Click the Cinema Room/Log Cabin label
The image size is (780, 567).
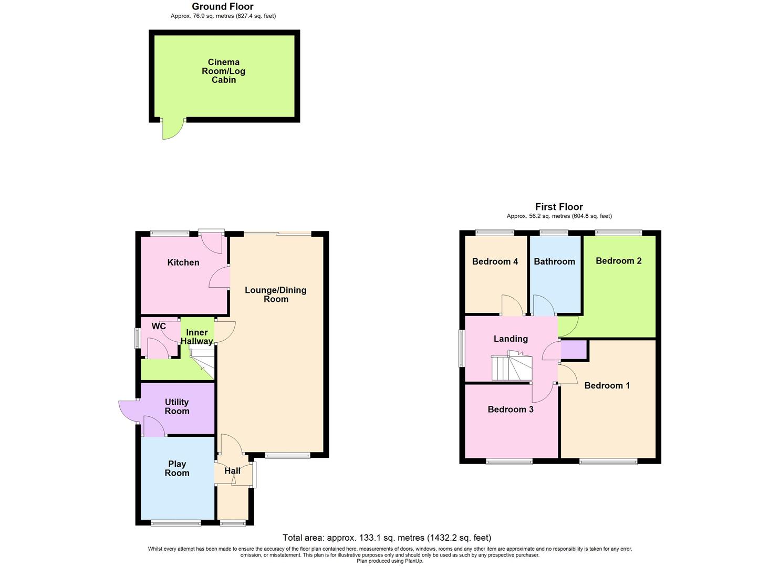pyautogui.click(x=223, y=71)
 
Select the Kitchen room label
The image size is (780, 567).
pyautogui.click(x=183, y=262)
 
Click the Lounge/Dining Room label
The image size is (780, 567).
pyautogui.click(x=276, y=295)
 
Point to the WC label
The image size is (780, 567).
pyautogui.click(x=159, y=327)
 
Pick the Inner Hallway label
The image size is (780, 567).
pyautogui.click(x=197, y=337)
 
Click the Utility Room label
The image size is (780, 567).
pyautogui.click(x=177, y=407)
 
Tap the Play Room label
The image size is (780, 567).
pyautogui.click(x=177, y=468)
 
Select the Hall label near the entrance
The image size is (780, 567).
pyautogui.click(x=232, y=471)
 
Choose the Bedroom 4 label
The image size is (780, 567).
pyautogui.click(x=495, y=261)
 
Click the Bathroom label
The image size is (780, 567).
pyautogui.click(x=554, y=261)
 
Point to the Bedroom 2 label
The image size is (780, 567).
pyautogui.click(x=618, y=261)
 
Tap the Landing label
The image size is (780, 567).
pyautogui.click(x=511, y=339)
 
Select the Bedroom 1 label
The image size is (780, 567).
pyautogui.click(x=607, y=386)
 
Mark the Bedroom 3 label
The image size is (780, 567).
pyautogui.click(x=511, y=409)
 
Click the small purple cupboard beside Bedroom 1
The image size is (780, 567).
pyautogui.click(x=574, y=350)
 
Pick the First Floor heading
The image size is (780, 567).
pyautogui.click(x=559, y=207)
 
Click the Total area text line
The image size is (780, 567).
pyautogui.click(x=387, y=538)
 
